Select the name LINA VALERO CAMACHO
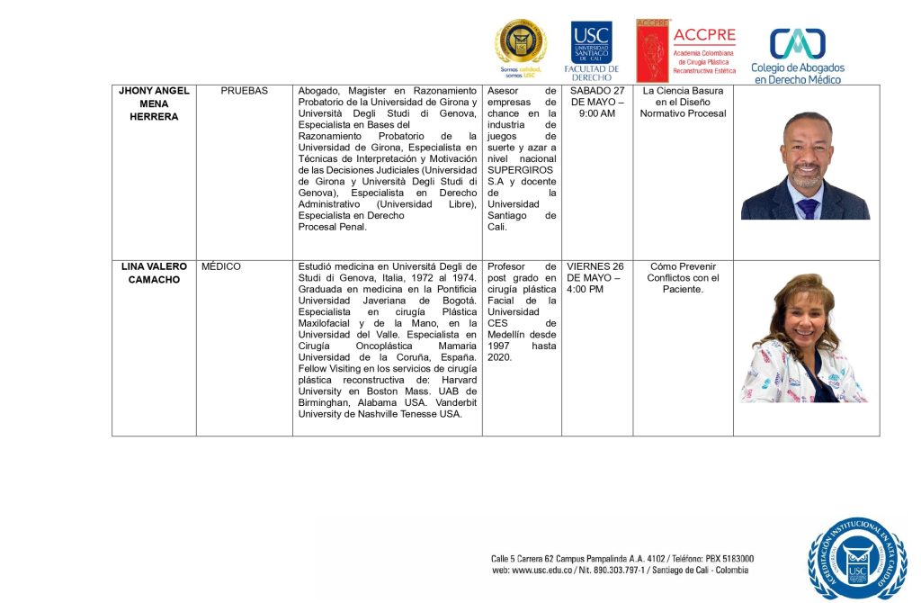(x=154, y=273)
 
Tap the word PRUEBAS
(x=244, y=91)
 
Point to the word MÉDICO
(x=221, y=266)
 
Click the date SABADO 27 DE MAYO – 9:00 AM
(x=596, y=103)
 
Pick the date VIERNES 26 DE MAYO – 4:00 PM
(x=596, y=278)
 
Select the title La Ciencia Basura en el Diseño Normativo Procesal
(x=683, y=103)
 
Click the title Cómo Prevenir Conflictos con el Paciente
(x=683, y=278)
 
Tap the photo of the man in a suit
(x=805, y=166)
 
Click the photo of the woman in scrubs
(x=803, y=338)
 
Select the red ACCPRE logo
(x=686, y=50)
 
